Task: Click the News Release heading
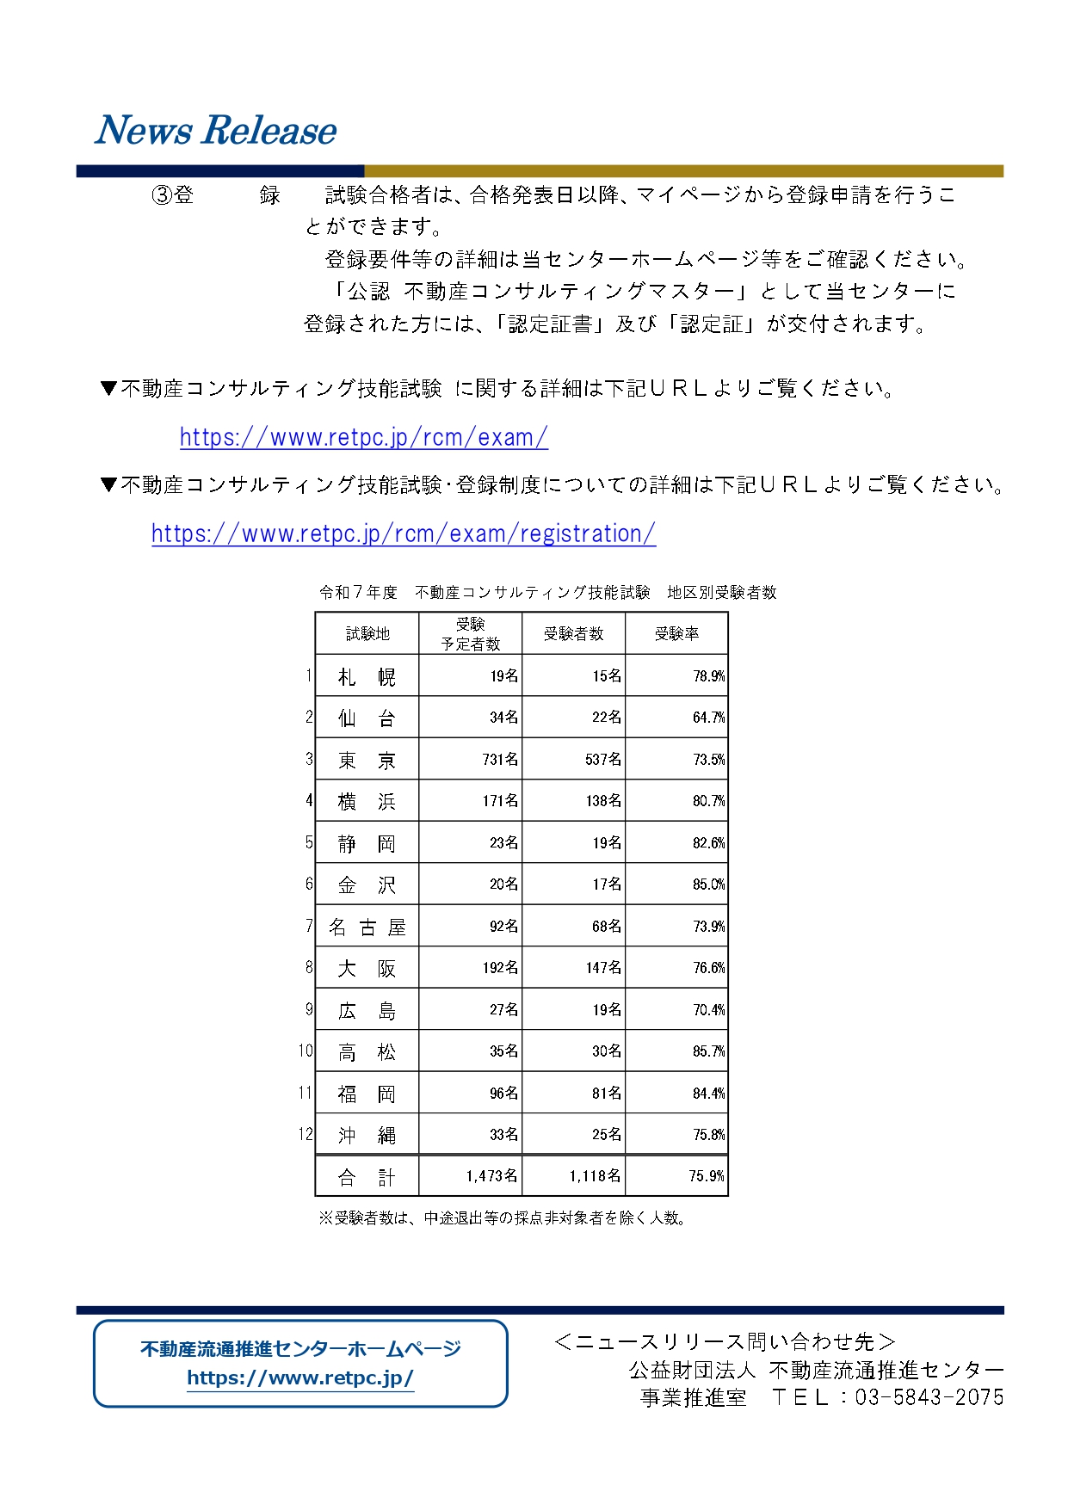[x=215, y=131]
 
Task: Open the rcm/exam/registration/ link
[x=403, y=533]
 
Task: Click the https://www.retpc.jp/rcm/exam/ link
[x=363, y=437]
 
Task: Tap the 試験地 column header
[x=367, y=634]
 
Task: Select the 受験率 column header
[x=676, y=634]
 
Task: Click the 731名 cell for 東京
[x=500, y=760]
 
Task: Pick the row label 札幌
[x=367, y=677]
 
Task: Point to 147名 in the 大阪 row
[x=603, y=968]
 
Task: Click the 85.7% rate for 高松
[x=708, y=1051]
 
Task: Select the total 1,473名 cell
[x=491, y=1176]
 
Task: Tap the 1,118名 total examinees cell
[x=595, y=1176]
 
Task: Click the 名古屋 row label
[x=367, y=928]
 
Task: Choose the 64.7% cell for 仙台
[x=708, y=718]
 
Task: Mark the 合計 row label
[x=367, y=1177]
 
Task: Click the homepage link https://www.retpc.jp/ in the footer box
[x=300, y=1377]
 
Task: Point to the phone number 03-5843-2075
[x=929, y=1397]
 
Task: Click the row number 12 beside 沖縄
[x=306, y=1134]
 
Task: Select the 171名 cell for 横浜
[x=500, y=801]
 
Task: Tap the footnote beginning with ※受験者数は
[x=503, y=1218]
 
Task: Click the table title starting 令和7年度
[x=547, y=593]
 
